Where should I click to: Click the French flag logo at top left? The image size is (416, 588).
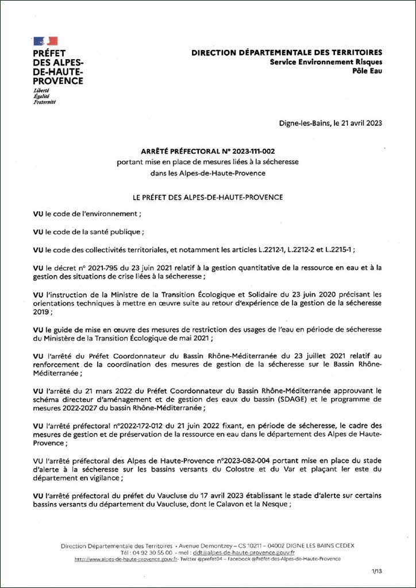(45, 41)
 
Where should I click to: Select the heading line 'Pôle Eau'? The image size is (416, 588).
(367, 71)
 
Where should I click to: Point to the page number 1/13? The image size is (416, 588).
(377, 571)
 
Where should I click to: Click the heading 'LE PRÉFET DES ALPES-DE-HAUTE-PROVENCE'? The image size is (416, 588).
(207, 197)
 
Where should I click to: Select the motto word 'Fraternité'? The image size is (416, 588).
(44, 102)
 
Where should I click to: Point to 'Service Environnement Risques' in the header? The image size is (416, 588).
(326, 61)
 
